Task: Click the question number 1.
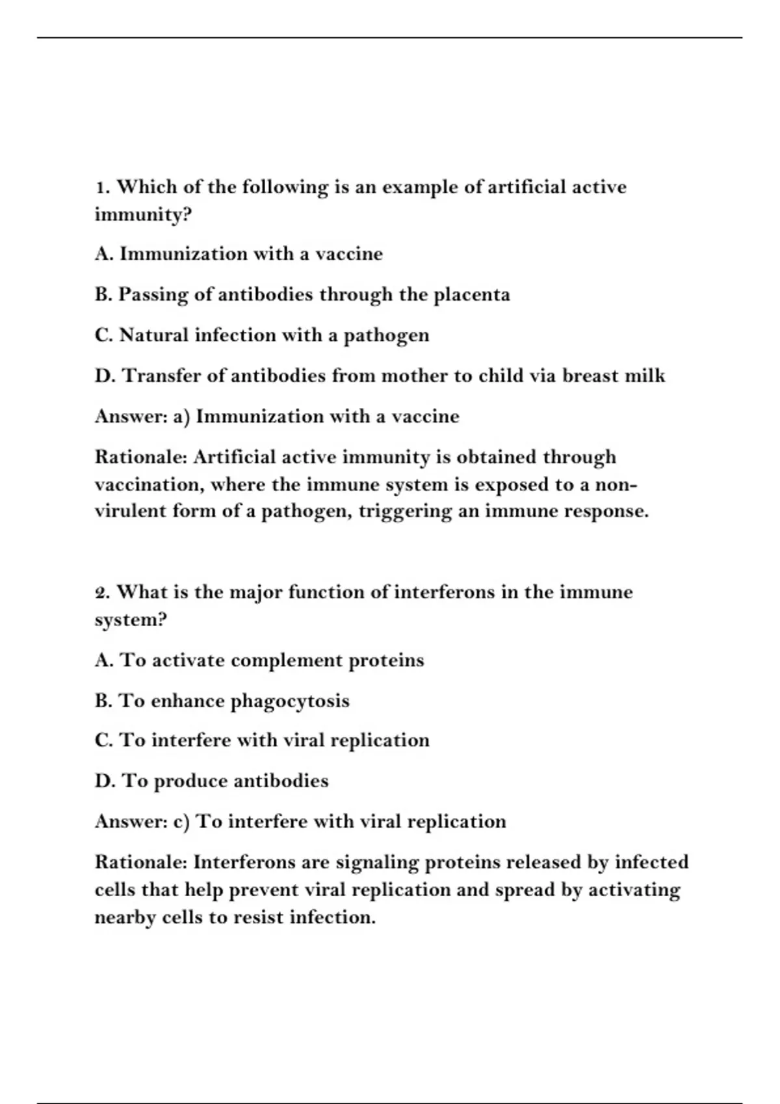pos(101,188)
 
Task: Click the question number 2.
pos(101,593)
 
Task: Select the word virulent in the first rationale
pos(131,511)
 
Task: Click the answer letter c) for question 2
pos(181,822)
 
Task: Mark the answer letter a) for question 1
pos(181,417)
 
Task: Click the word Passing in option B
pos(153,295)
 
